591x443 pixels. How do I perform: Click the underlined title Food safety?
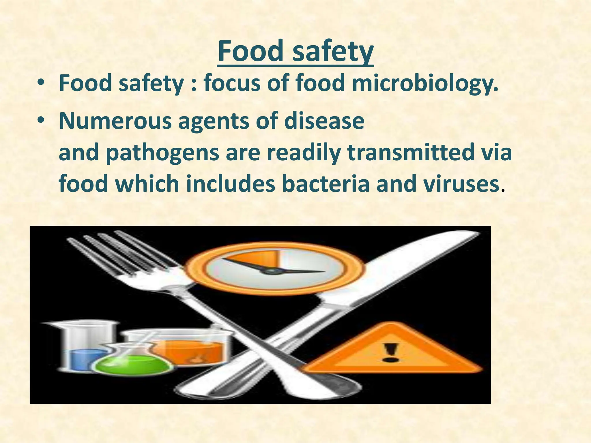pyautogui.click(x=295, y=52)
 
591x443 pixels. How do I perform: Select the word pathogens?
pyautogui.click(x=162, y=153)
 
